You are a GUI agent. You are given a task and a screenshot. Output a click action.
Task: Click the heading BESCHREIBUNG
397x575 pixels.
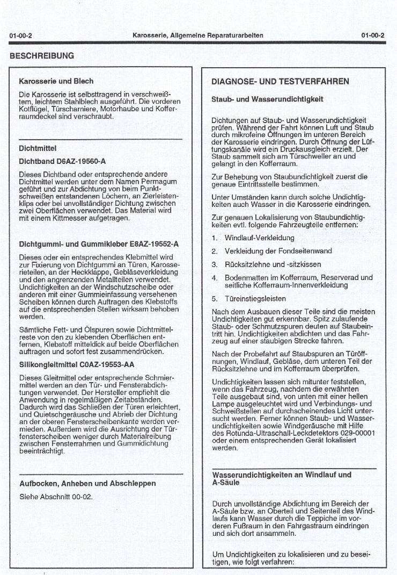(x=42, y=55)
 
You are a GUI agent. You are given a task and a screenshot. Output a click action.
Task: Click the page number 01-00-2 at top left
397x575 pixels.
(x=21, y=35)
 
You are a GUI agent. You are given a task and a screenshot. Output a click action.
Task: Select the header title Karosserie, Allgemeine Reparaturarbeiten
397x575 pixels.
(x=198, y=35)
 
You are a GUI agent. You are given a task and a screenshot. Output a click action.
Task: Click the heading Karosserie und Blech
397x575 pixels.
(x=56, y=81)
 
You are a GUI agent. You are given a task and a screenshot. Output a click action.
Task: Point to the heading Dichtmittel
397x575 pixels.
(x=38, y=148)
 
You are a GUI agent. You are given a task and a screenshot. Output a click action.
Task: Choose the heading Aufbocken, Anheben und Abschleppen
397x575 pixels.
(x=87, y=483)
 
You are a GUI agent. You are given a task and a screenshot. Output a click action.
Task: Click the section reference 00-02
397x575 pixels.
(x=82, y=496)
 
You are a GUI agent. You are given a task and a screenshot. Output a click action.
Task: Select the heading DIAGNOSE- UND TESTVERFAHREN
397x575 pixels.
(x=280, y=82)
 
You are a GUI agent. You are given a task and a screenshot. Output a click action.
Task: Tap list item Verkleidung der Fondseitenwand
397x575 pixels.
(x=278, y=251)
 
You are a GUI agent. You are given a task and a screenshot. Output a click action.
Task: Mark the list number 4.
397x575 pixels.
(x=214, y=278)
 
